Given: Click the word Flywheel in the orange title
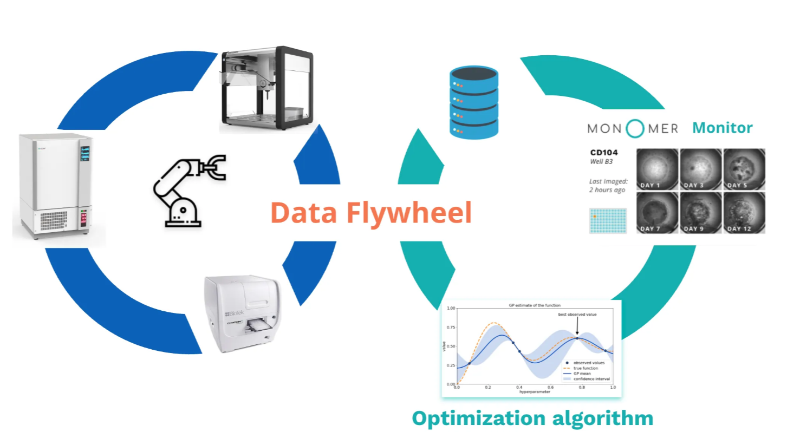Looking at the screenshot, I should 409,213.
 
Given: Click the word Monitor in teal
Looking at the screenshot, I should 722,128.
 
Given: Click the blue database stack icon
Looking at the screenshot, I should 474,102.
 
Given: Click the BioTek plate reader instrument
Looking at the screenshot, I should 243,313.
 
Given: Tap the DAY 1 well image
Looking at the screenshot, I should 657,169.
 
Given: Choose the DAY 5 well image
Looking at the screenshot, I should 744,169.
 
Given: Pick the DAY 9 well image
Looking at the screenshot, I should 700,213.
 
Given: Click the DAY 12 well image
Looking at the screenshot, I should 744,213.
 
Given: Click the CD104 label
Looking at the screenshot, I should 604,153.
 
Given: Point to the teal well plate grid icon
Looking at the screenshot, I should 608,220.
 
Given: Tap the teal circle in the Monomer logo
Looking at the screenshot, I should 635,128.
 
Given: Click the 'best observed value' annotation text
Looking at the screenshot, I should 577,314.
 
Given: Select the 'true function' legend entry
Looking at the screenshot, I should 586,368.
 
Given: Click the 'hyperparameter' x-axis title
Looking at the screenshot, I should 535,391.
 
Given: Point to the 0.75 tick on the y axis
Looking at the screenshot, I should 451,327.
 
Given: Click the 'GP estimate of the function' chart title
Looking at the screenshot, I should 535,305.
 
